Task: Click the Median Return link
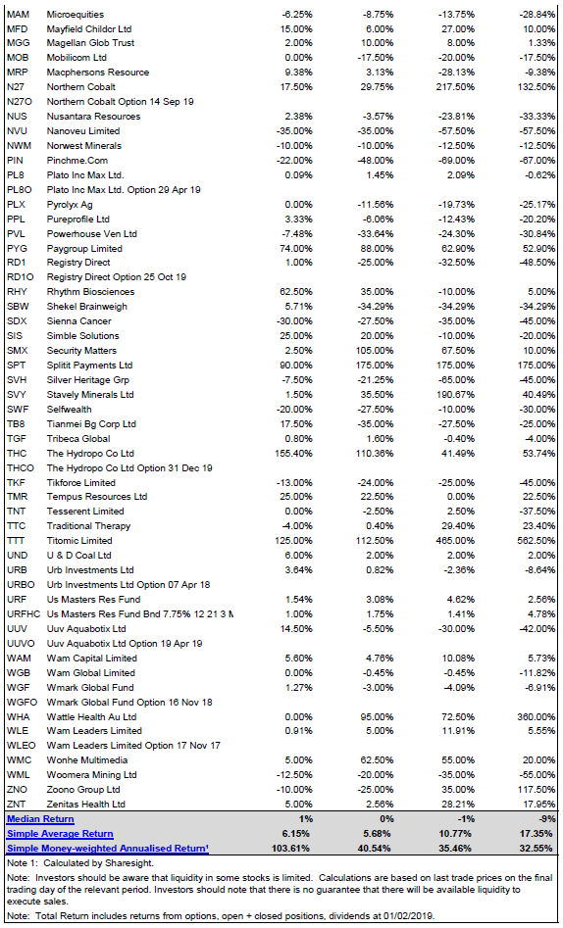pyautogui.click(x=40, y=819)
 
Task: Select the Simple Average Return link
pyautogui.click(x=60, y=834)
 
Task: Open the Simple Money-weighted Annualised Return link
pyautogui.click(x=107, y=849)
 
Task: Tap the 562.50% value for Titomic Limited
pyautogui.click(x=538, y=540)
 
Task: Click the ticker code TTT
pyautogui.click(x=16, y=540)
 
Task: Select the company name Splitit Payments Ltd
pyautogui.click(x=89, y=366)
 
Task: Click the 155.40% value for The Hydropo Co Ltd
pyautogui.click(x=294, y=454)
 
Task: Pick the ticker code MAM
pyautogui.click(x=18, y=14)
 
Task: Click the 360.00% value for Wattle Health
pyautogui.click(x=538, y=716)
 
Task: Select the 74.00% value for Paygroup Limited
pyautogui.click(x=297, y=249)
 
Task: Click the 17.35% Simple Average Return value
pyautogui.click(x=539, y=834)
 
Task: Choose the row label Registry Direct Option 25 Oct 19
pyautogui.click(x=116, y=277)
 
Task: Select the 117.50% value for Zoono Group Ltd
pyautogui.click(x=538, y=790)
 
